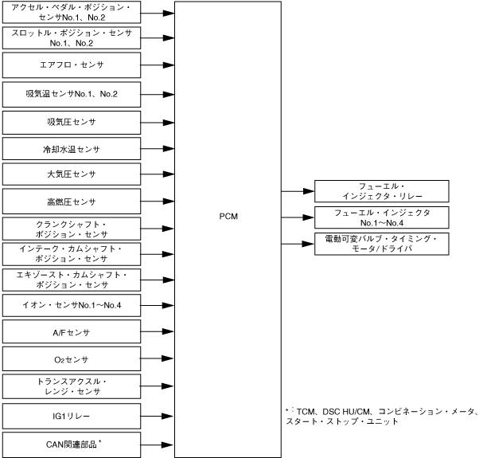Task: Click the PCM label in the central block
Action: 228,217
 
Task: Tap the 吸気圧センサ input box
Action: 72,122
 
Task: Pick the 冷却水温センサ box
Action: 72,149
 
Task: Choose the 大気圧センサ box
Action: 72,175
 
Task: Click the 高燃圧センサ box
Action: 72,202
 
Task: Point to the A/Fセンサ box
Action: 72,332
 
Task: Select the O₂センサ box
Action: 72,360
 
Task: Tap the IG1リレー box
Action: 72,416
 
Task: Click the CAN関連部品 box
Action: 72,443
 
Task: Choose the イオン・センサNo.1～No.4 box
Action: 72,306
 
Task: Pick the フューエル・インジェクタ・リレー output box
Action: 381,191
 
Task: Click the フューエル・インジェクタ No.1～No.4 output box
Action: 381,217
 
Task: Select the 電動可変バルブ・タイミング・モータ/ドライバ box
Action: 381,244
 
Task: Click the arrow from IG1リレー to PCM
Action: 158,416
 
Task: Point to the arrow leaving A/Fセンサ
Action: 158,333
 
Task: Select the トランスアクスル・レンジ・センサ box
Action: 72,388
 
